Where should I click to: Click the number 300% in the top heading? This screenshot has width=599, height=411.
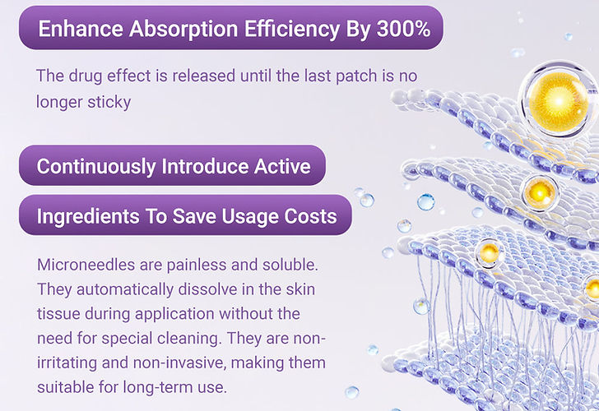click(x=403, y=29)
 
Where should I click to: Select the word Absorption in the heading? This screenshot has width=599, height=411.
click(x=183, y=30)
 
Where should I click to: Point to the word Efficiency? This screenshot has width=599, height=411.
click(x=292, y=30)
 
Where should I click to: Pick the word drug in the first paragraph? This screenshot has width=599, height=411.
click(x=86, y=76)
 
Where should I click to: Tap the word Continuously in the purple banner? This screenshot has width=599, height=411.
click(x=96, y=167)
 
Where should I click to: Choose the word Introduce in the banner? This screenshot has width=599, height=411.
click(x=205, y=166)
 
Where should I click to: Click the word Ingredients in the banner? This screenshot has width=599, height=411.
click(x=88, y=217)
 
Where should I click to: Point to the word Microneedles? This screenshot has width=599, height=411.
click(x=86, y=265)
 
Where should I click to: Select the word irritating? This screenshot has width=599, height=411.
click(x=67, y=363)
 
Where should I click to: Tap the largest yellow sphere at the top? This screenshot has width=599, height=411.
click(x=559, y=101)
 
